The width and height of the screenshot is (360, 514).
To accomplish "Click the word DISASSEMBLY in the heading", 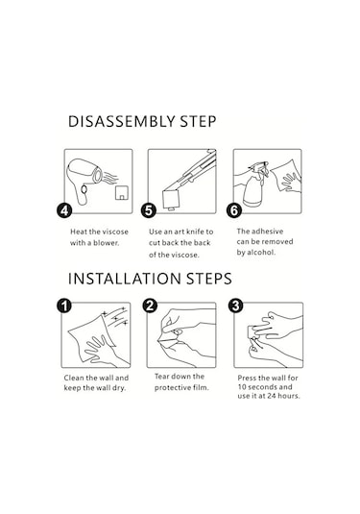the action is (122, 122).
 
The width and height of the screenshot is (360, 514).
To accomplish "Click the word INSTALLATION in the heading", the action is (124, 279).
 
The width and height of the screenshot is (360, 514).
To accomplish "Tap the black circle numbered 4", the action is (64, 210).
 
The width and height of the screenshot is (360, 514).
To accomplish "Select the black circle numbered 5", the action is (149, 210).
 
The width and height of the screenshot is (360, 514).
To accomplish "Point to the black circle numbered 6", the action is (234, 210).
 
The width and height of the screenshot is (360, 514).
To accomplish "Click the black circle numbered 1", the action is (64, 306).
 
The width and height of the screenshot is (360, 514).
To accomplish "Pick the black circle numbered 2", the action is (150, 306).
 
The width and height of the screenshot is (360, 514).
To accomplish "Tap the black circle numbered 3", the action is (235, 306).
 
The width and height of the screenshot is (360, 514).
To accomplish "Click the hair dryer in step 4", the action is (84, 180).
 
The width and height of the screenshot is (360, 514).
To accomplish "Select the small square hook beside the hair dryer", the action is (122, 193).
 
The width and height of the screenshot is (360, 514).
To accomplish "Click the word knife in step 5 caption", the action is (195, 232).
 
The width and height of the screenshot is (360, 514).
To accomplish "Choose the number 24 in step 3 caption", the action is (272, 396).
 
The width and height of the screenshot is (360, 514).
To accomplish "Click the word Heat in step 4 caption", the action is (79, 232).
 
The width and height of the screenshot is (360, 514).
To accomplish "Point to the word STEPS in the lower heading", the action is (209, 279).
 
